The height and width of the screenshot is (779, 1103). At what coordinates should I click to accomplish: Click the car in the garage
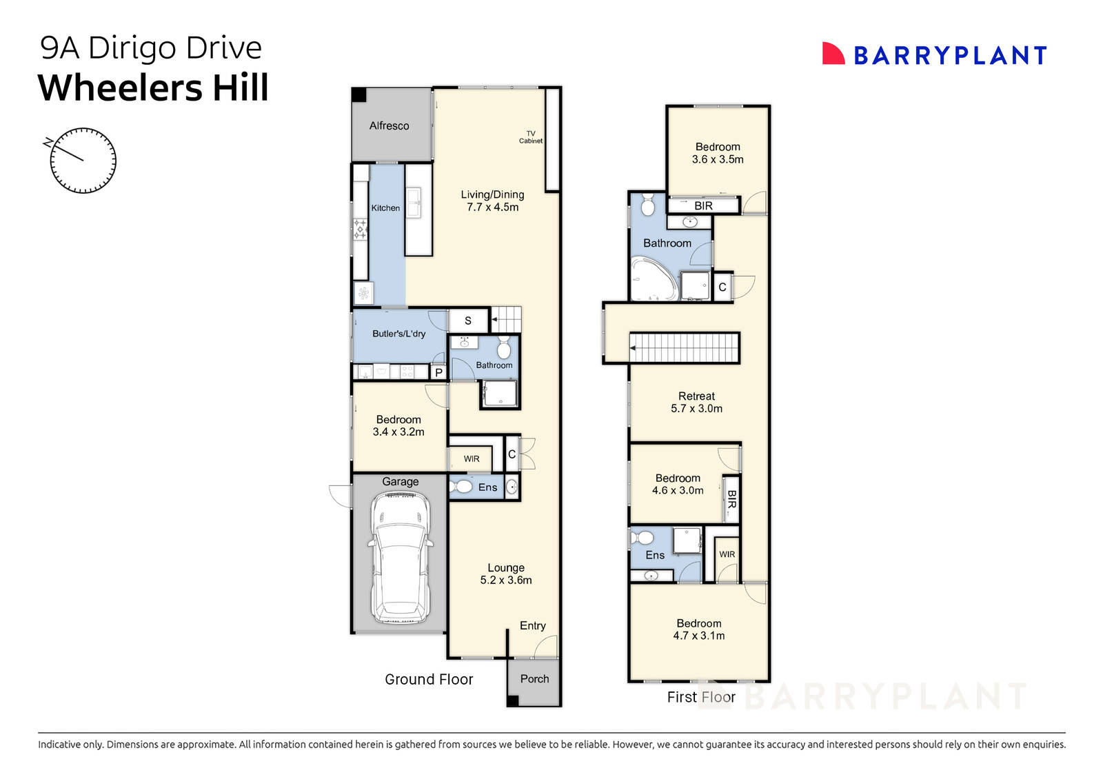[401, 558]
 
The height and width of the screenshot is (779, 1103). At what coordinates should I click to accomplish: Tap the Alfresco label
[389, 125]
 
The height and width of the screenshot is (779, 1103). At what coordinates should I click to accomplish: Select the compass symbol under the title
[83, 161]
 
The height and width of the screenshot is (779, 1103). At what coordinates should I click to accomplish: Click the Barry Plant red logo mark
[833, 54]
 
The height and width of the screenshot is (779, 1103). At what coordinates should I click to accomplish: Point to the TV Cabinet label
[531, 137]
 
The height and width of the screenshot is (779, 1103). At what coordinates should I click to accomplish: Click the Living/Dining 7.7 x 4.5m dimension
[492, 207]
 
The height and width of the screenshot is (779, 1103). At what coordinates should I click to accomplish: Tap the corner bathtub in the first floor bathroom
[653, 279]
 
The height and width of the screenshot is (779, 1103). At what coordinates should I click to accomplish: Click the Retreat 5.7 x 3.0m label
[696, 402]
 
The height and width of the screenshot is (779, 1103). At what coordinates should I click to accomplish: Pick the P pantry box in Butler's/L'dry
[438, 373]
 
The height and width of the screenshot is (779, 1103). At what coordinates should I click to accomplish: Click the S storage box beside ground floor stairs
[468, 321]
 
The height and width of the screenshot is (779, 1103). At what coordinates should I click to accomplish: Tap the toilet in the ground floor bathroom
[504, 347]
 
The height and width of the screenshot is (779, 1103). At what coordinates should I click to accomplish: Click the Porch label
[534, 679]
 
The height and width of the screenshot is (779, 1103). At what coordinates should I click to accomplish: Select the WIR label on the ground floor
[472, 459]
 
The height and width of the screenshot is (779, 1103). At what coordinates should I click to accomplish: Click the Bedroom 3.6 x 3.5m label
[718, 153]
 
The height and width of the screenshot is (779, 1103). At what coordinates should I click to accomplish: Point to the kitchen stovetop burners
[360, 229]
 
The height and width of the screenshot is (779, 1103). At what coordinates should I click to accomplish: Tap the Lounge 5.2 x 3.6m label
[506, 574]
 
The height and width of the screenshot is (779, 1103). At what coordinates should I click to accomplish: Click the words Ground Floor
[429, 680]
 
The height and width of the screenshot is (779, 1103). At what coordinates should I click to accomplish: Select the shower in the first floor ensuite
[687, 540]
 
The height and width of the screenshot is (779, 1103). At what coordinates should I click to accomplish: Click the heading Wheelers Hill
[153, 88]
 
